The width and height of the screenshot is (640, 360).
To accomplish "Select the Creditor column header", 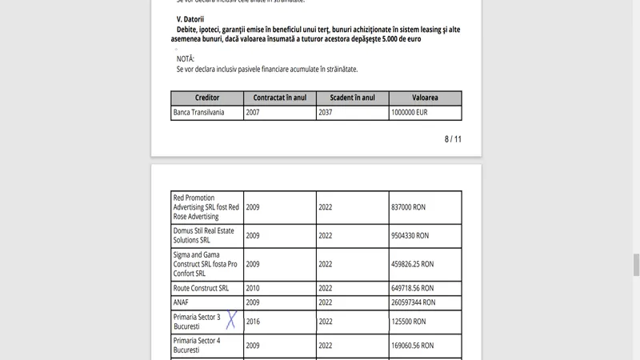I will click(206, 98).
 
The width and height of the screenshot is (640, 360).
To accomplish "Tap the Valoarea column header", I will click(425, 98).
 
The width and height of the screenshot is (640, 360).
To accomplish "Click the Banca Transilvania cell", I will click(198, 113).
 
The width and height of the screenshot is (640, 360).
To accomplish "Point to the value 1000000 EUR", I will click(410, 113).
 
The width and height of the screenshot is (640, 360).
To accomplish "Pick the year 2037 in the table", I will click(327, 113).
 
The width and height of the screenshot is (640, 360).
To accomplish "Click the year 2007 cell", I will click(254, 113).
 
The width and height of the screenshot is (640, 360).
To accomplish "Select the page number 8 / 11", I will click(453, 139).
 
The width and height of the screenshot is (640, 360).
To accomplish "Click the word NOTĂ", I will click(186, 58).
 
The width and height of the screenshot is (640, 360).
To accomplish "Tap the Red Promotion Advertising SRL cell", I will click(206, 206).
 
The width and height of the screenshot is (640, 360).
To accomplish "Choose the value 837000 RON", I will click(411, 206).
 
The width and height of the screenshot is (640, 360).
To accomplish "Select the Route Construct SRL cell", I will click(201, 288).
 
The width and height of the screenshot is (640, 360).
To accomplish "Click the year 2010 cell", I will click(254, 288).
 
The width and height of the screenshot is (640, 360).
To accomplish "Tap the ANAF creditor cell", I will click(181, 302).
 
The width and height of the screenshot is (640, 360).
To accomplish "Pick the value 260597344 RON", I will click(414, 302).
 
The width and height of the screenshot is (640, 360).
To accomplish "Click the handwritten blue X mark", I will click(231, 320).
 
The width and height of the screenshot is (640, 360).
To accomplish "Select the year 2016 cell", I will click(254, 322).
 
